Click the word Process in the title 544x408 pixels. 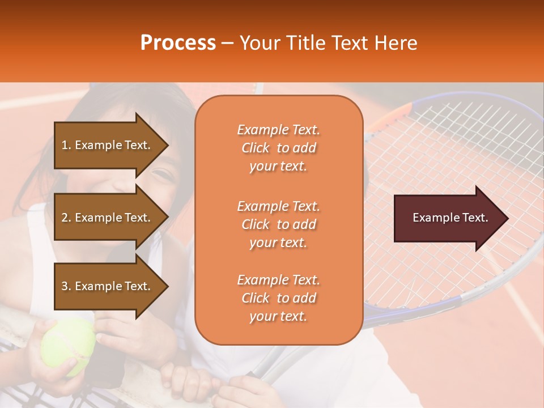[178, 43]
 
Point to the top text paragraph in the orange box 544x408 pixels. [278, 148]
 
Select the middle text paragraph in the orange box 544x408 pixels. [278, 224]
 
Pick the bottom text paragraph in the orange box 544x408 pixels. [278, 298]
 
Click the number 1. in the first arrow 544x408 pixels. [66, 145]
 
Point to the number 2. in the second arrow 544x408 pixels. [66, 218]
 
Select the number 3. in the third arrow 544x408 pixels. [66, 286]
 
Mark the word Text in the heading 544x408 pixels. [348, 43]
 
